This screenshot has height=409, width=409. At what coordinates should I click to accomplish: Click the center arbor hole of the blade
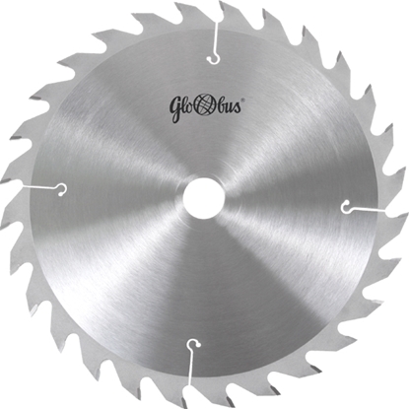(x=204, y=198)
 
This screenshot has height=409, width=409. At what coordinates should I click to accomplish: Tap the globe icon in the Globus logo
(x=205, y=106)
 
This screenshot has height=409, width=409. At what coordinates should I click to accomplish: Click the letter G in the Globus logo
(x=175, y=109)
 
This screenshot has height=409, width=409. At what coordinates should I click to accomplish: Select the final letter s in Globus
(x=238, y=108)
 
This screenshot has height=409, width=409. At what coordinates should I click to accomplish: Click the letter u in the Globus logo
(x=230, y=108)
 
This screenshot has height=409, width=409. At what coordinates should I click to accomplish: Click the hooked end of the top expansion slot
(x=214, y=60)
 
